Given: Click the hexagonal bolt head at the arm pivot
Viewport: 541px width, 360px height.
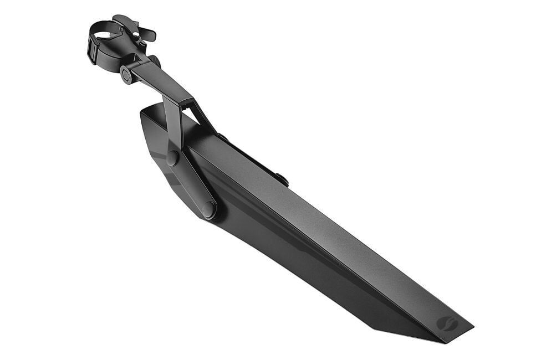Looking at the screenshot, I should coord(127,75).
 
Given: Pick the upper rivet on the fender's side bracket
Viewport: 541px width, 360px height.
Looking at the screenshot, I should coord(173,158).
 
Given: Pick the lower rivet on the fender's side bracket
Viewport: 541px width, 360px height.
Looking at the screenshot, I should coord(208,209).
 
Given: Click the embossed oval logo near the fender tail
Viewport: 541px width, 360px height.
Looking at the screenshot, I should coord(447,323).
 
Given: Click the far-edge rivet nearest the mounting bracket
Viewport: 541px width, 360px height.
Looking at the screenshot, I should coord(223,137).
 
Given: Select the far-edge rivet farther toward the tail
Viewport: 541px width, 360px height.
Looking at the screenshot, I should coord(283,179).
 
